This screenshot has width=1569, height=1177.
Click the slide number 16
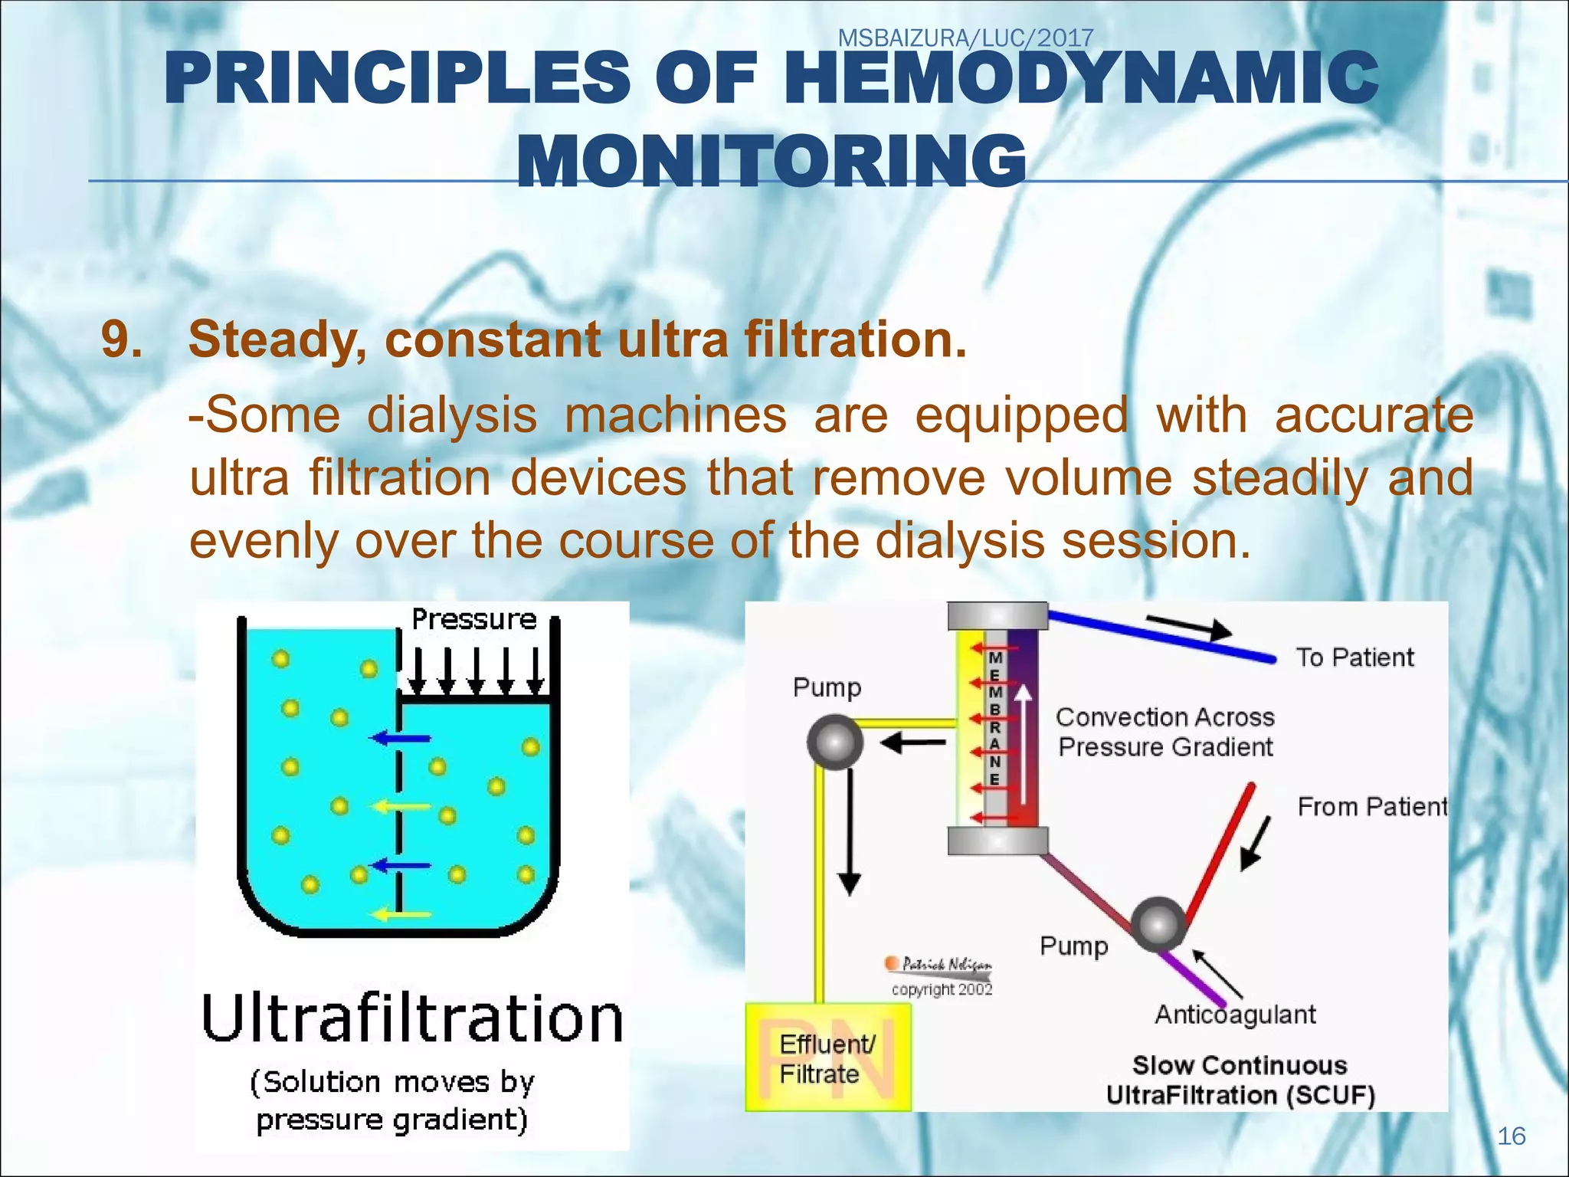pos(1511,1136)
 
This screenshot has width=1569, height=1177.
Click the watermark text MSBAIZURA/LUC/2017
pos(965,38)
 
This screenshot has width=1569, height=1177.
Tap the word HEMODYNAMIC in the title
pos(1080,79)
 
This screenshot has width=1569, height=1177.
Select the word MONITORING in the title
pos(771,161)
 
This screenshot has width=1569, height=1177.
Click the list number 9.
pos(123,339)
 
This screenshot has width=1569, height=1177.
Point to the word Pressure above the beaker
pos(474,619)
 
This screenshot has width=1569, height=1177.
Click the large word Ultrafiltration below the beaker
pos(412,1019)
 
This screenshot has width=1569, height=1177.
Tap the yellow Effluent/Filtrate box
pos(828,1057)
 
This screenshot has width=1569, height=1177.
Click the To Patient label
pos(1354,657)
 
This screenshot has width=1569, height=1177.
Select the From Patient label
pos(1371,807)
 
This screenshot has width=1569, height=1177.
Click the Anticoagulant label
pos(1235,1015)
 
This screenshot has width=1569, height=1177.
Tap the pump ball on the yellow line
pos(835,742)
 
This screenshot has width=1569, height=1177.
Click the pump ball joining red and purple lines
pos(1158,924)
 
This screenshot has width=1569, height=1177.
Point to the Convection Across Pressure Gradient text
pos(1164,732)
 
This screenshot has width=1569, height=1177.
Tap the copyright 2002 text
pos(942,989)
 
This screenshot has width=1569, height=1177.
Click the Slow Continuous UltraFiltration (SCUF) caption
pos(1240,1080)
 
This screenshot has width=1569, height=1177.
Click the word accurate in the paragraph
pos(1374,416)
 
